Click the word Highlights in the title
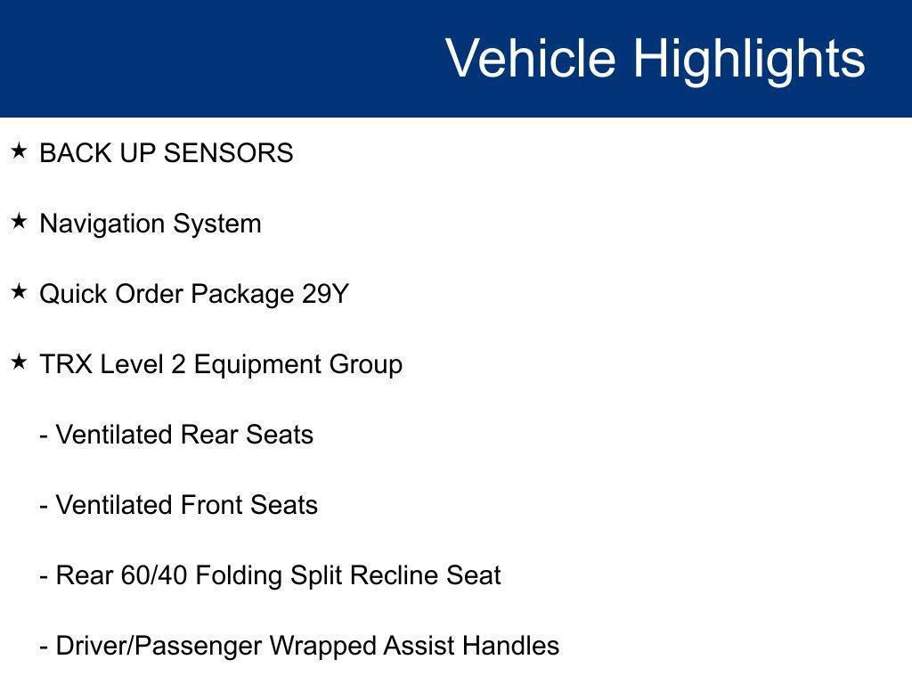(749, 59)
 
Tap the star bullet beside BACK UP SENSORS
(20, 151)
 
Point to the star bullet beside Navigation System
(20, 221)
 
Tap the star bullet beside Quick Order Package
(20, 291)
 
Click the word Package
(242, 294)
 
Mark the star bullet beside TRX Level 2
(20, 362)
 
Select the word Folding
(240, 575)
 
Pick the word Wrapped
(322, 646)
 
